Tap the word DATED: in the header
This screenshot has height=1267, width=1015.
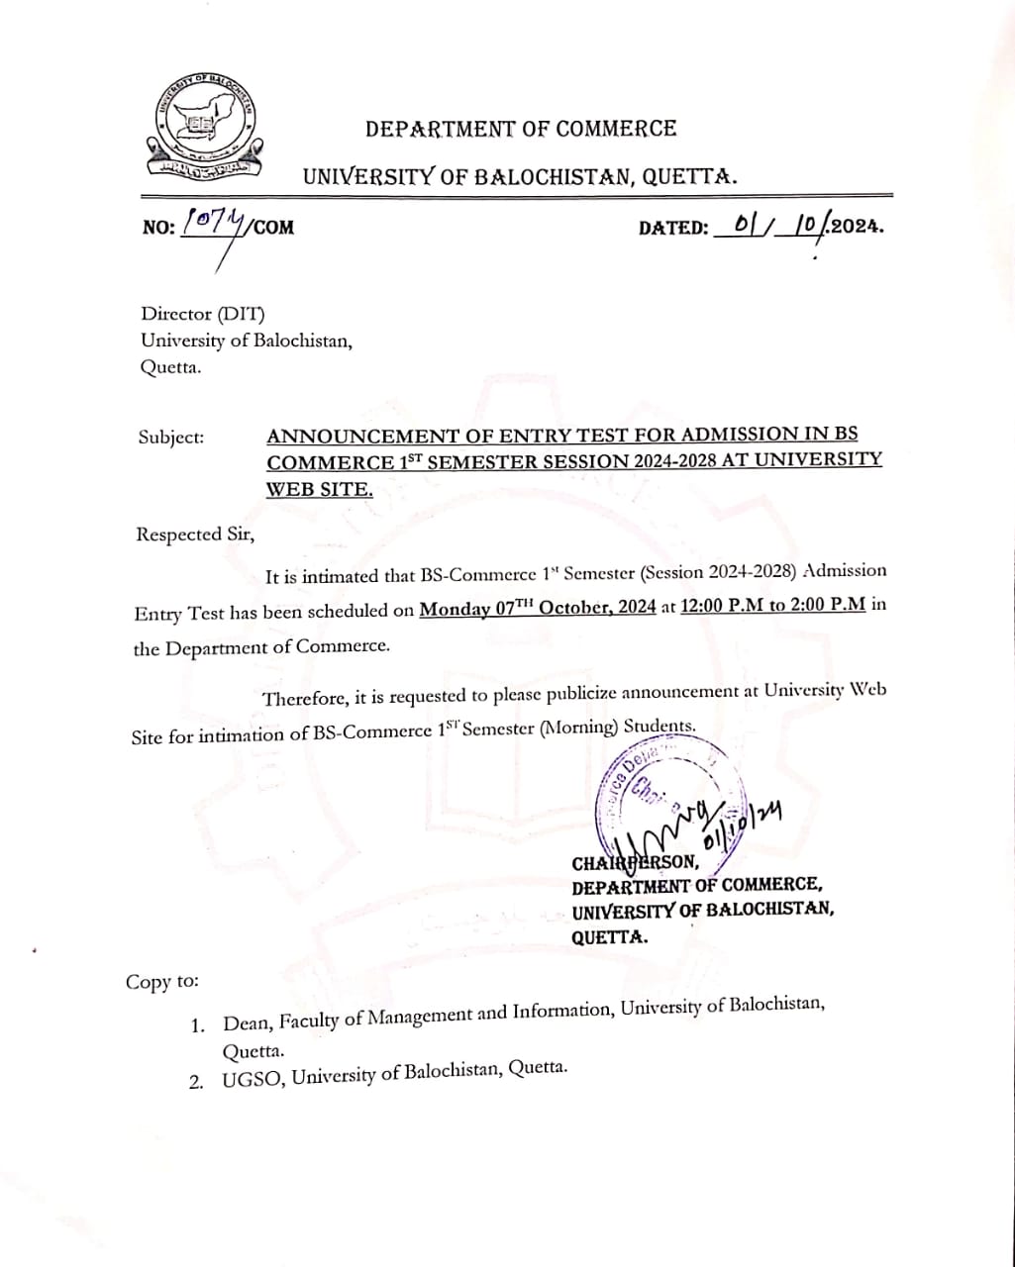pos(673,228)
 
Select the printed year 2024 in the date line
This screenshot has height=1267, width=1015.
pos(855,226)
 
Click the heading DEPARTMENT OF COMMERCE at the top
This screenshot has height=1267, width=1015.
pos(521,129)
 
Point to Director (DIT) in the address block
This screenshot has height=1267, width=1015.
pos(203,315)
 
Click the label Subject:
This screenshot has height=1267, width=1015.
pos(171,437)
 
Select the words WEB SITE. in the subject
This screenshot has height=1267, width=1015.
pos(320,489)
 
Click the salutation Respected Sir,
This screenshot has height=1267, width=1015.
pos(195,535)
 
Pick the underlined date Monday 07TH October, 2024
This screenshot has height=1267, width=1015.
pos(538,608)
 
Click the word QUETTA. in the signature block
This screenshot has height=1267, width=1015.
pos(610,936)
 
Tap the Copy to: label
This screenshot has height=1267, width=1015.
pos(162,982)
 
